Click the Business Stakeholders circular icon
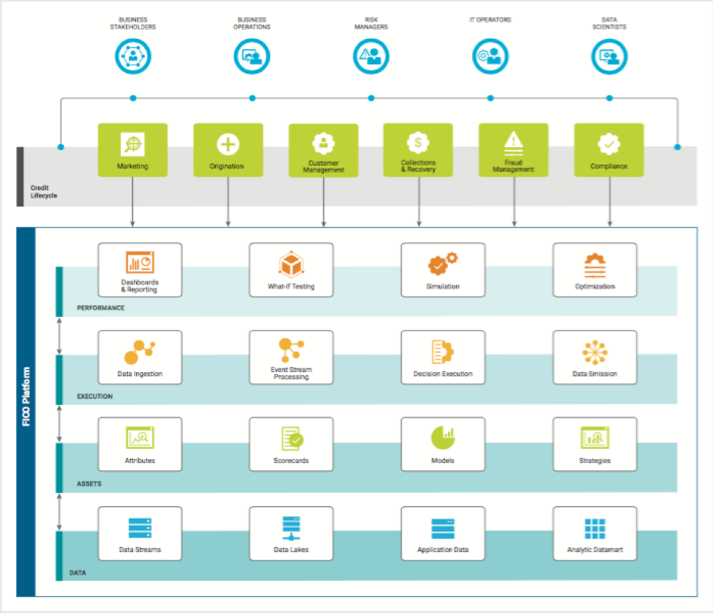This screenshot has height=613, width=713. point(132,56)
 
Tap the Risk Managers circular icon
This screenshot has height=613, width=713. point(371,56)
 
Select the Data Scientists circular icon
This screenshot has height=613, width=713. point(609,56)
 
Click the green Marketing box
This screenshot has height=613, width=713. point(132,149)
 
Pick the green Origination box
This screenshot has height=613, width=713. point(228,149)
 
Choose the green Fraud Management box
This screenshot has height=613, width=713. point(513,149)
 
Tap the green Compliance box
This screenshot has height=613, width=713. point(608,149)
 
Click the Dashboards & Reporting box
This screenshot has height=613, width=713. point(140,270)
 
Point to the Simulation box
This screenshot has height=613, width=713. point(443,270)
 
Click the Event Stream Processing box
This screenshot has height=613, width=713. point(291,357)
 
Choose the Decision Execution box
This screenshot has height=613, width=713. point(443,357)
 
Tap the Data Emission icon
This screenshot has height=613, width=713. point(594,352)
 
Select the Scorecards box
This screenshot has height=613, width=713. point(291,445)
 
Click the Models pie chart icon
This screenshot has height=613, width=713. point(442,438)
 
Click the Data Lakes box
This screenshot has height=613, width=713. point(291,533)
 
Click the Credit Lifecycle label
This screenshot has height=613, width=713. point(43,192)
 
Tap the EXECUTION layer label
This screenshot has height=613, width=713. point(94,396)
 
